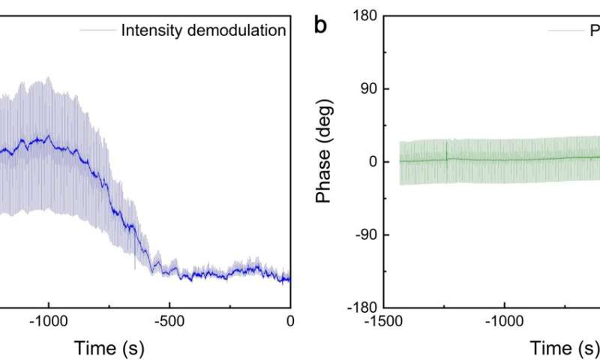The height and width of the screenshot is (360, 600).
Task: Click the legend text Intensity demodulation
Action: tap(204, 31)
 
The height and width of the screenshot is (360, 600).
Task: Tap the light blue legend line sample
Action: tap(98, 31)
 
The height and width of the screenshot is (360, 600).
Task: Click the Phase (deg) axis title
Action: tap(324, 161)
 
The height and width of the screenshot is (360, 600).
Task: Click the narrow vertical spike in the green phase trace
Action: tap(447, 150)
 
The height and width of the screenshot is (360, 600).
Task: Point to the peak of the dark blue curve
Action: tap(49, 137)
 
